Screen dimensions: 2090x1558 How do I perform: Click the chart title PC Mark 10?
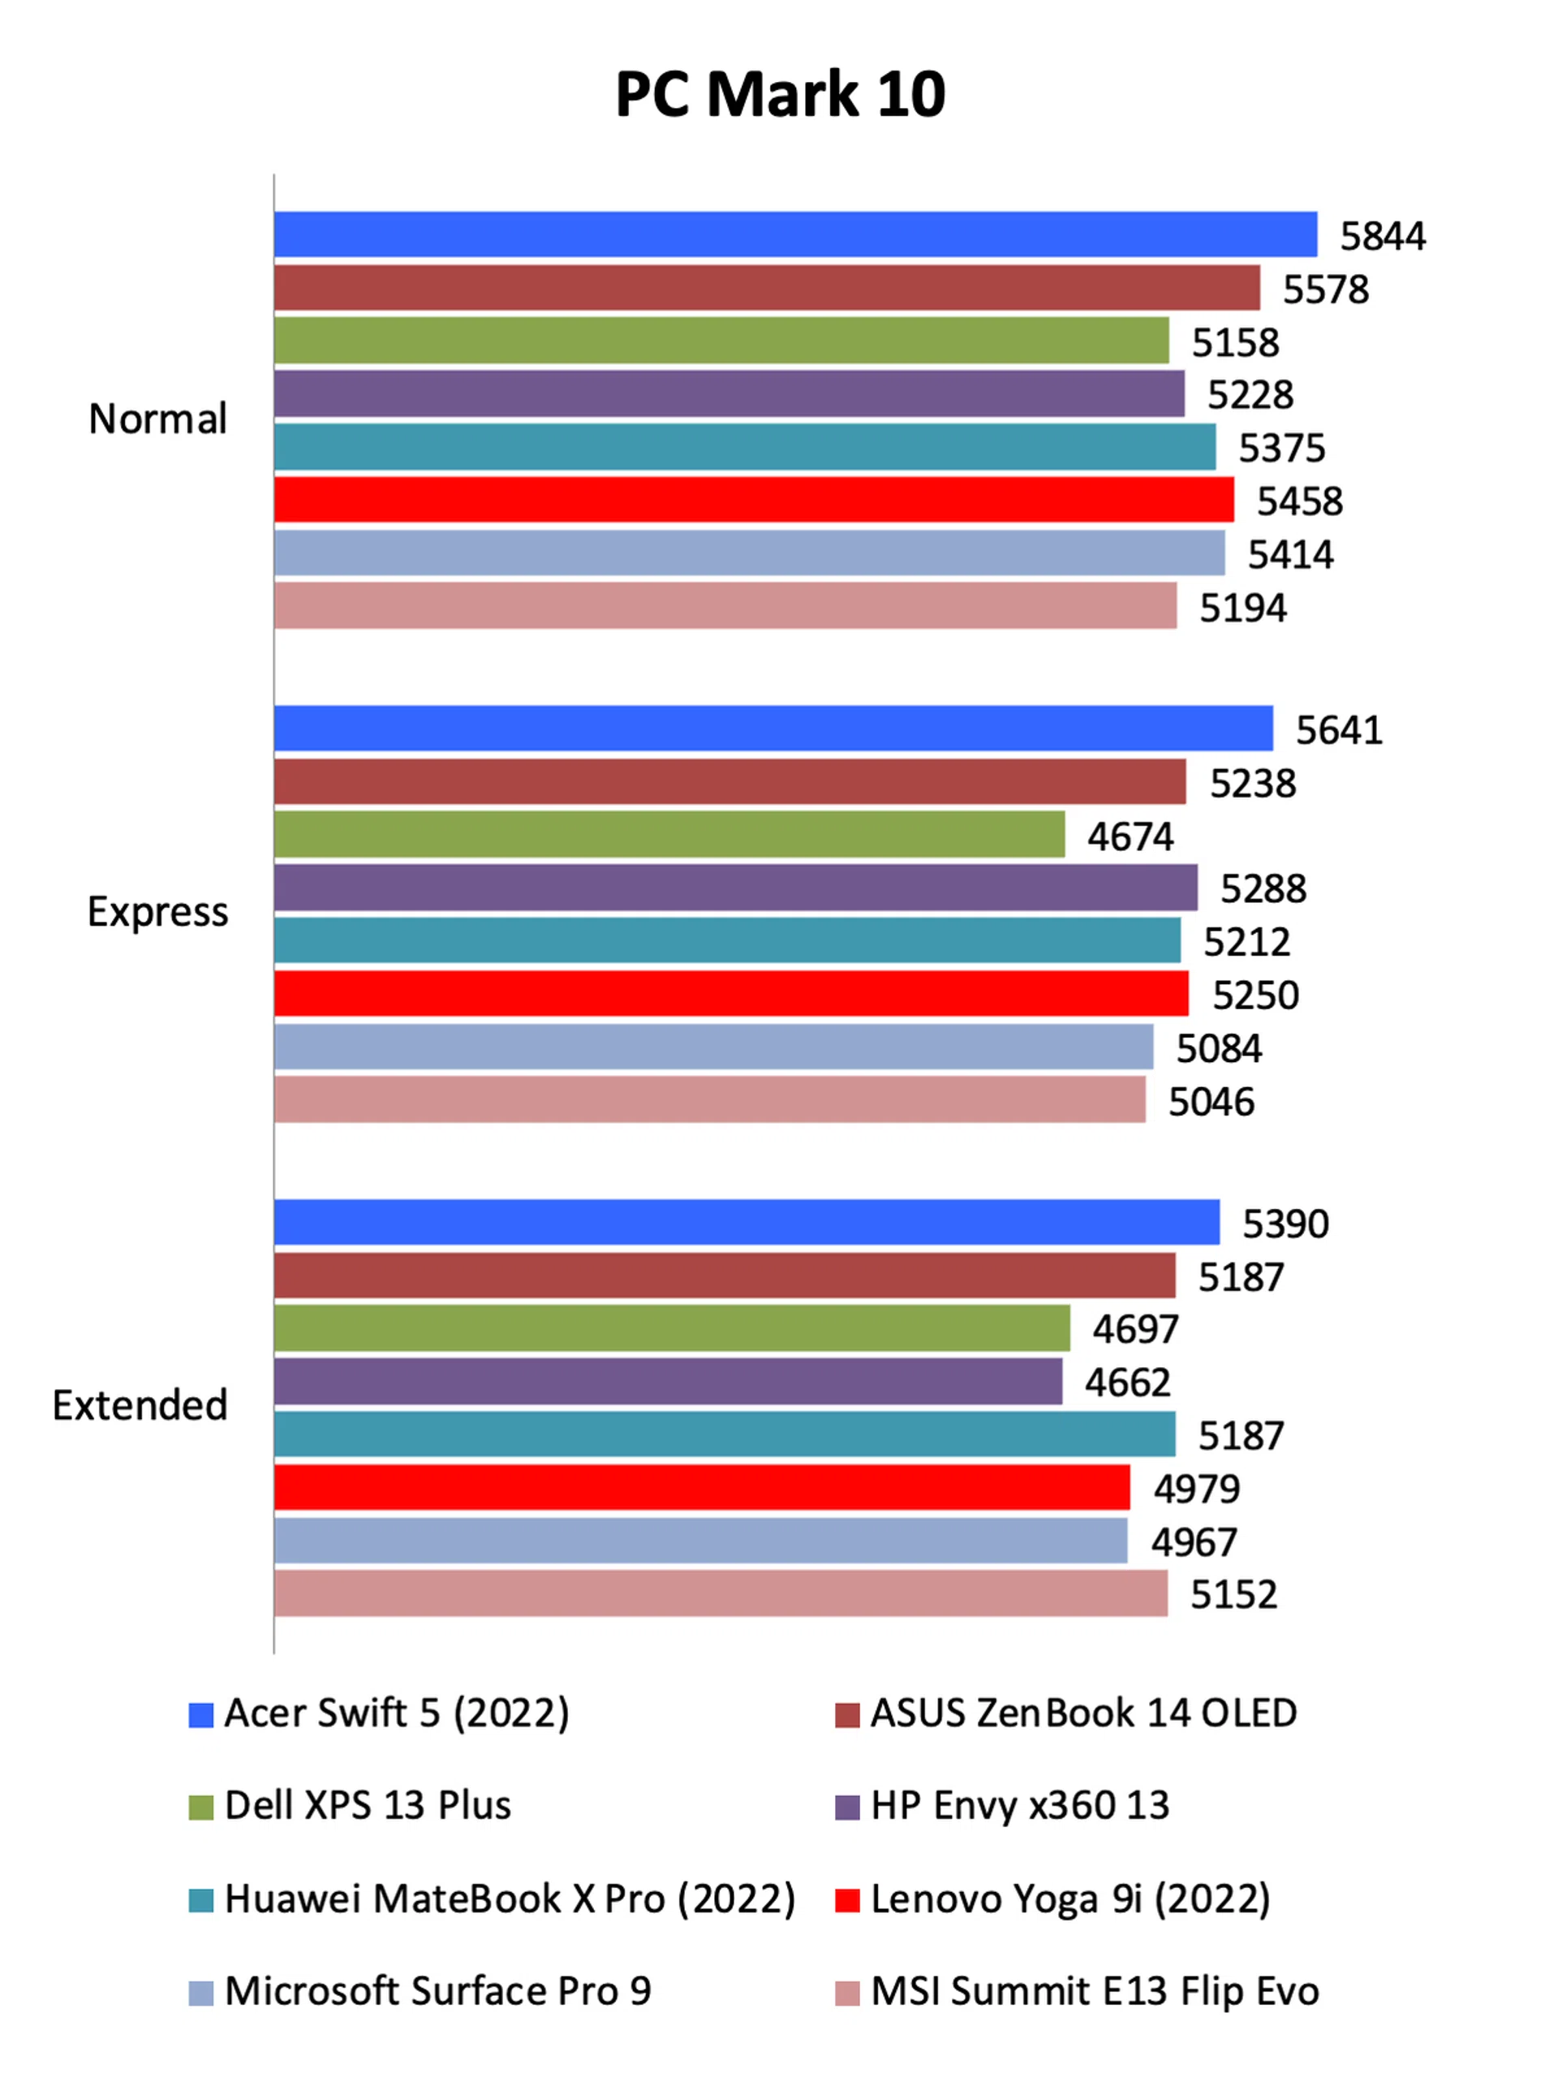click(780, 94)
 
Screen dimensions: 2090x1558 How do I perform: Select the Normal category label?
click(157, 419)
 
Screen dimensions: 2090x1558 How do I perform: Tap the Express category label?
click(157, 912)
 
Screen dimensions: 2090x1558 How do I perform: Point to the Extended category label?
click(140, 1404)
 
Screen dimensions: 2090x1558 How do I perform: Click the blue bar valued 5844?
click(795, 234)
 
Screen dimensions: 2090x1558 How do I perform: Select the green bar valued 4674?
click(669, 834)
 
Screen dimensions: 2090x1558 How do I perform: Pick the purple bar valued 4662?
click(668, 1381)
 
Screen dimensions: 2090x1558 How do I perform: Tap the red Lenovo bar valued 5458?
click(754, 500)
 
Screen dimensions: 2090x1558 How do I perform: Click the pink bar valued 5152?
click(721, 1593)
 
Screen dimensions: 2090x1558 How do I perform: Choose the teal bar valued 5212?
click(727, 940)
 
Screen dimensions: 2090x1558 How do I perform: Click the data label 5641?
click(1338, 730)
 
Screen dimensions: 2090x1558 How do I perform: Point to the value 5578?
click(1325, 290)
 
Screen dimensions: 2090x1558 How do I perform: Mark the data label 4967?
click(1193, 1542)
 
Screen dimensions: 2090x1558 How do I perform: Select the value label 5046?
click(1211, 1102)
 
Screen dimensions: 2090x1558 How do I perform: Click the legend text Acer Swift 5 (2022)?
click(397, 1713)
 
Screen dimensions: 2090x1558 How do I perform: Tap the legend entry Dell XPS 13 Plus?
click(368, 1805)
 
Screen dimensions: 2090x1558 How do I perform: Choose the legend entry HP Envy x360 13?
click(1019, 1805)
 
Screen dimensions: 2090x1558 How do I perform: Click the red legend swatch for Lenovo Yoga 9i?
click(847, 1900)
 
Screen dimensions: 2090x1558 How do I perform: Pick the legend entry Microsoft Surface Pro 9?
click(437, 1991)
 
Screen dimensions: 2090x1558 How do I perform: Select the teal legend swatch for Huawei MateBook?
click(201, 1900)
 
